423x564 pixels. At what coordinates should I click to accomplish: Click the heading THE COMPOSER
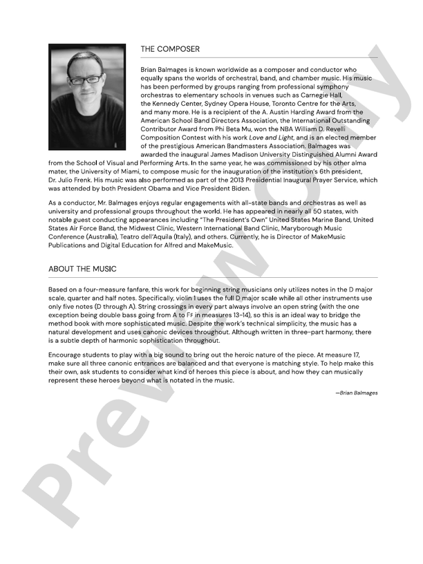click(170, 49)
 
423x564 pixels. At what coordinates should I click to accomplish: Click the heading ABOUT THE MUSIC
click(82, 268)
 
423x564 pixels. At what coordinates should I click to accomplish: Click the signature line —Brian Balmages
click(357, 393)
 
